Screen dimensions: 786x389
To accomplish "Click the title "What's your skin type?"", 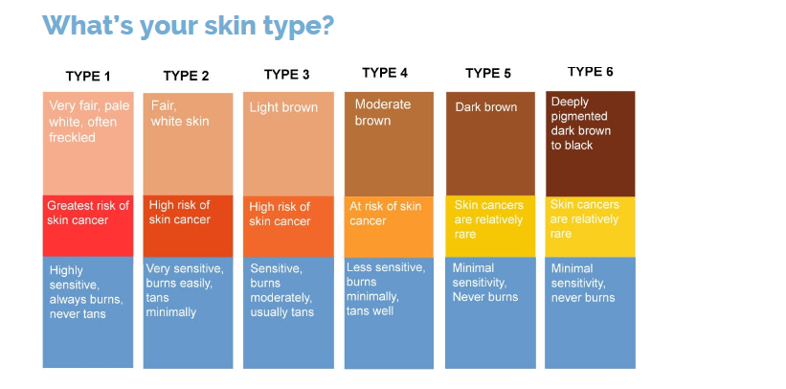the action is click(188, 26).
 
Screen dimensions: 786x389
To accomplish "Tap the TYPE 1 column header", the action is click(88, 77).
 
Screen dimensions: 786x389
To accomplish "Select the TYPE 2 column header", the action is click(186, 76).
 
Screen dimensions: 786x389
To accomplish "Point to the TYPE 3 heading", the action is click(286, 75).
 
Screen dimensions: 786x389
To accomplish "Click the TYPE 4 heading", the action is click(385, 73).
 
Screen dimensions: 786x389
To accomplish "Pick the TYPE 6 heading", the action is click(590, 72).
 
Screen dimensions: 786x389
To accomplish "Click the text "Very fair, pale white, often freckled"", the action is click(82, 122).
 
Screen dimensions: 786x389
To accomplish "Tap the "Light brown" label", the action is click(283, 108).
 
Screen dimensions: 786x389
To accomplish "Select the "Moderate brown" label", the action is click(383, 112).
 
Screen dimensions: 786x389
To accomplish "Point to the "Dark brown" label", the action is click(485, 107).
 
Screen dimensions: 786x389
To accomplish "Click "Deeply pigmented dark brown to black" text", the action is click(581, 124).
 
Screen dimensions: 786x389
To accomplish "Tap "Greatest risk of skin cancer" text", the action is click(88, 213).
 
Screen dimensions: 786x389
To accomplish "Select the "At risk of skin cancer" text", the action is click(386, 214).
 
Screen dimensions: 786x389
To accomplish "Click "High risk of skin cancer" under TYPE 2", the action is click(180, 213).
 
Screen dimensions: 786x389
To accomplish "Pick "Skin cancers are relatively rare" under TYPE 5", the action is click(489, 219).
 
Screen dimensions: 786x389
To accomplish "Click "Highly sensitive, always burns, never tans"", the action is click(86, 292).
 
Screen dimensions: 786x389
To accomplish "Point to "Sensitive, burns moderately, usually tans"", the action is click(281, 290).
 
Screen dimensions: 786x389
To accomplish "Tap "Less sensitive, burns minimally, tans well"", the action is click(386, 288).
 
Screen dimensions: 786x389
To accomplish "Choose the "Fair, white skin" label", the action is click(180, 113).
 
